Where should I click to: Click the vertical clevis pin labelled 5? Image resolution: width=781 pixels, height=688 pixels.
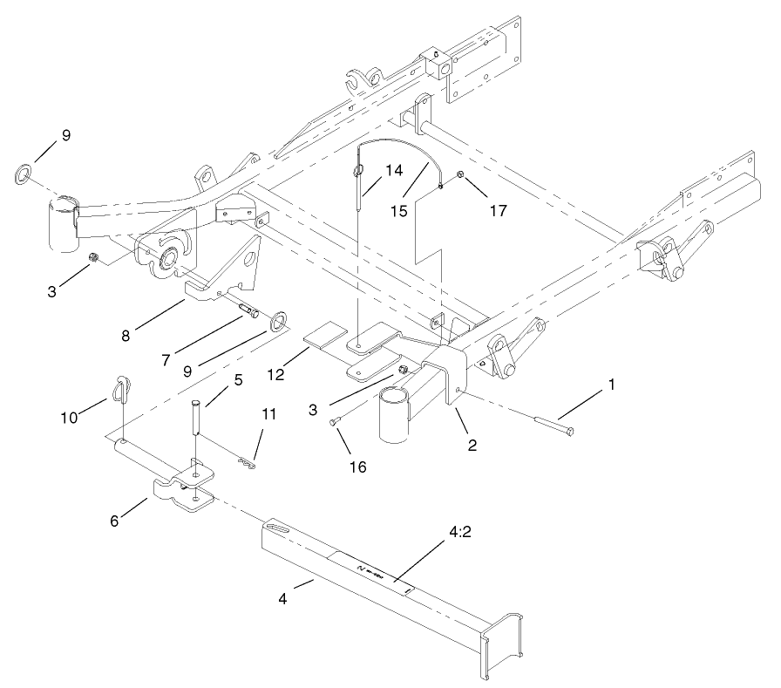point(197,426)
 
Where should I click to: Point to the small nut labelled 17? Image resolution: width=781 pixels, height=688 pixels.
point(462,183)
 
